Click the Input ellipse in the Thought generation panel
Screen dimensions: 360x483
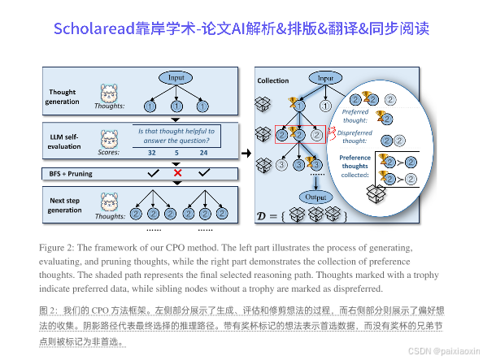176,77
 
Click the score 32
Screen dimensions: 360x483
151,152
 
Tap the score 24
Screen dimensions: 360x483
203,152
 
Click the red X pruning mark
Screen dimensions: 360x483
176,174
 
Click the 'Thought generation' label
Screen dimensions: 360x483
63,97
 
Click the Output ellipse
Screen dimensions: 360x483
311,197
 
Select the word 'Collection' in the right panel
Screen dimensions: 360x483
272,81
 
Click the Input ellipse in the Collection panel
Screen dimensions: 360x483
324,78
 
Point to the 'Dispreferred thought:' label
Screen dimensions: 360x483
356,137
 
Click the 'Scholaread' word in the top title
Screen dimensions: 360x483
90,29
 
